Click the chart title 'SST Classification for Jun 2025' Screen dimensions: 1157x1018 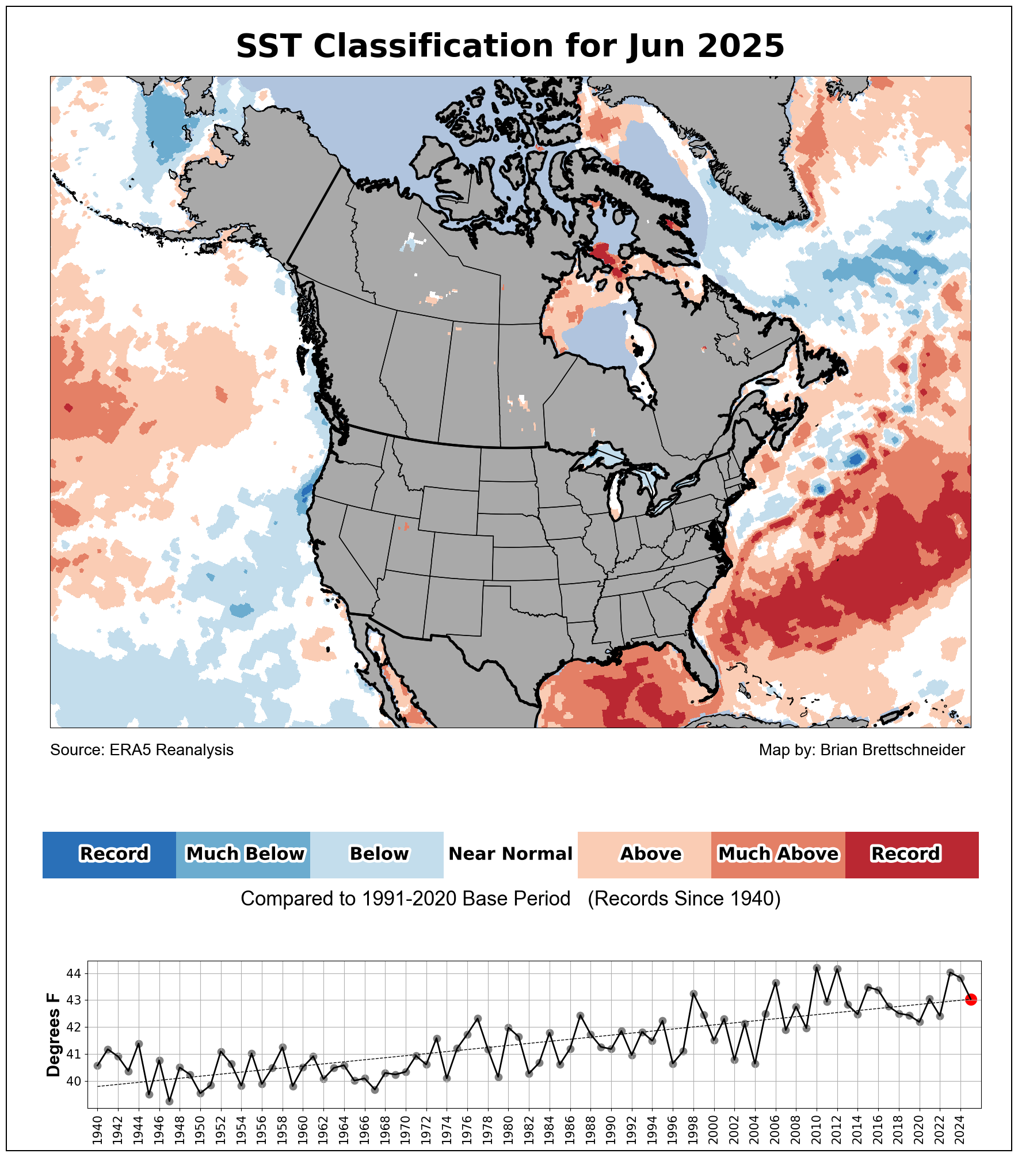pyautogui.click(x=510, y=46)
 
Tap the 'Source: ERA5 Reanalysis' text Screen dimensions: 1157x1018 pyautogui.click(x=142, y=750)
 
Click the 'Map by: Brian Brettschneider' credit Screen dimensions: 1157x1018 pyautogui.click(x=861, y=750)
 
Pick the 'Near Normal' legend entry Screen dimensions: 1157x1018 pyautogui.click(x=510, y=854)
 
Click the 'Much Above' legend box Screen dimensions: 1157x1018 pyautogui.click(x=778, y=855)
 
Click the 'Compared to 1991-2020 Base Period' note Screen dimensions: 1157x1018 pyautogui.click(x=405, y=899)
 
